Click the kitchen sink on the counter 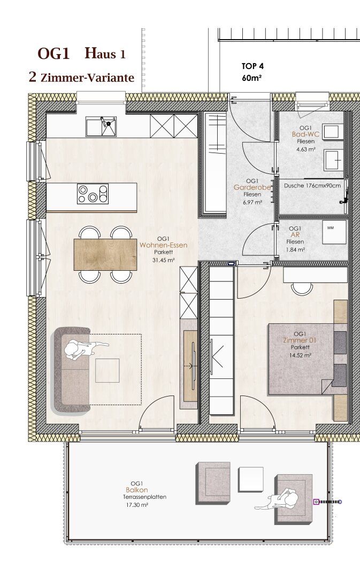click(101, 126)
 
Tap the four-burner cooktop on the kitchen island click(93, 194)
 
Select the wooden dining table click(105, 255)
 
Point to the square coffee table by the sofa click(107, 370)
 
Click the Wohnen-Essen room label click(164, 245)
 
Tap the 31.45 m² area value click(164, 260)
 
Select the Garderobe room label click(252, 188)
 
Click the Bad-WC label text click(305, 134)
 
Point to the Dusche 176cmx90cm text click(312, 186)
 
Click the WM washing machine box click(334, 232)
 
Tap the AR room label click(295, 235)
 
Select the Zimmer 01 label click(300, 340)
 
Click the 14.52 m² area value click(300, 355)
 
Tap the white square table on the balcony click(251, 477)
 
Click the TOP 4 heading click(252, 66)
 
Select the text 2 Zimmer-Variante click(81, 78)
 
